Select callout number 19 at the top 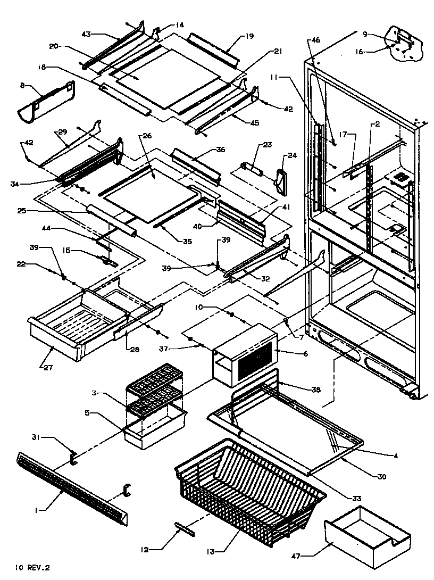(249, 36)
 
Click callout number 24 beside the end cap (293, 156)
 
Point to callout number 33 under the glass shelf (356, 498)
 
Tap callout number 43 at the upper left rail (87, 34)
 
